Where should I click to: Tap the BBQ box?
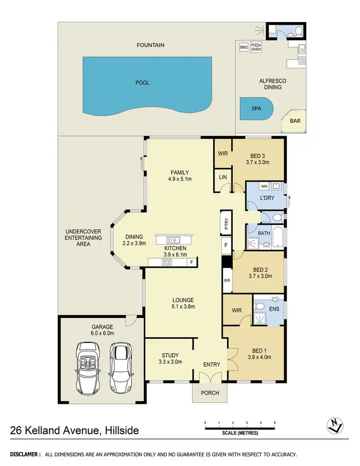click(243, 47)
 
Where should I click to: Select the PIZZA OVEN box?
click(256, 47)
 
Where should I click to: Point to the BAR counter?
click(294, 121)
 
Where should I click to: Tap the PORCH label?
click(210, 392)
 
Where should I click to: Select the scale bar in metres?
click(240, 426)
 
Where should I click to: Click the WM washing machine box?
click(264, 186)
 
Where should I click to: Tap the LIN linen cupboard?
click(222, 177)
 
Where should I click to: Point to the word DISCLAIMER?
click(24, 454)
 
